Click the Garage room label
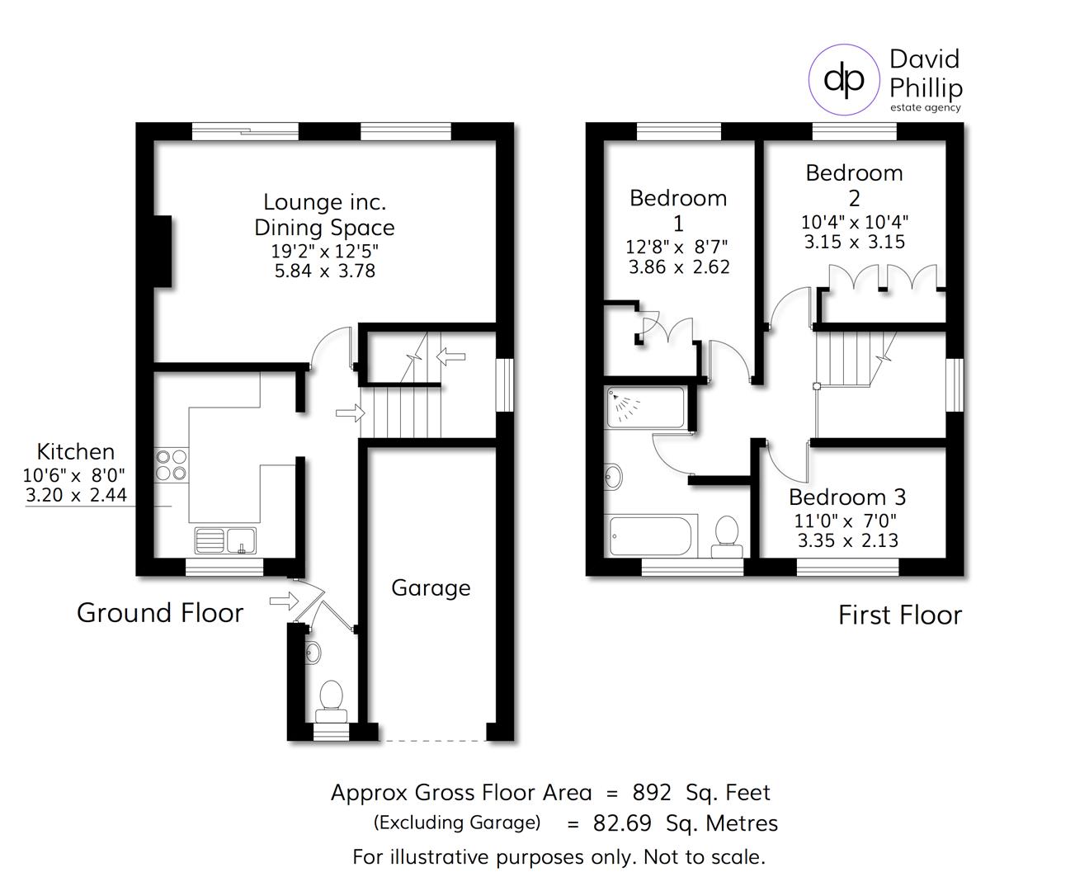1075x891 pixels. point(431,588)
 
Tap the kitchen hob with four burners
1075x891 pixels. point(172,464)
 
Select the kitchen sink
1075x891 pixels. point(226,541)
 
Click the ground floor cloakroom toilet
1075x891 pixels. point(331,696)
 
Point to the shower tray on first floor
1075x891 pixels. point(645,408)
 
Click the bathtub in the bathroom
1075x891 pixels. point(652,536)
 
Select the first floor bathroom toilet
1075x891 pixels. point(727,533)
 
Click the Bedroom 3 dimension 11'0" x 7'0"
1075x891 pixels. point(846,521)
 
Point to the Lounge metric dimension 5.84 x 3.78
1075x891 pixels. point(325,271)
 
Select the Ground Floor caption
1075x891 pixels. point(160,613)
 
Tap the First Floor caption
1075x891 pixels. point(900,615)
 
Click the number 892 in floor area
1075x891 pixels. point(652,793)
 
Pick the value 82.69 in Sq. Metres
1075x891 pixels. point(622,823)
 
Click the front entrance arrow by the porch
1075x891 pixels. point(284,601)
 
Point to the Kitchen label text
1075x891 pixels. point(76,451)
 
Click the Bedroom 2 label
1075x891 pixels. point(854,185)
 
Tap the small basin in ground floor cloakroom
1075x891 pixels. point(313,653)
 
